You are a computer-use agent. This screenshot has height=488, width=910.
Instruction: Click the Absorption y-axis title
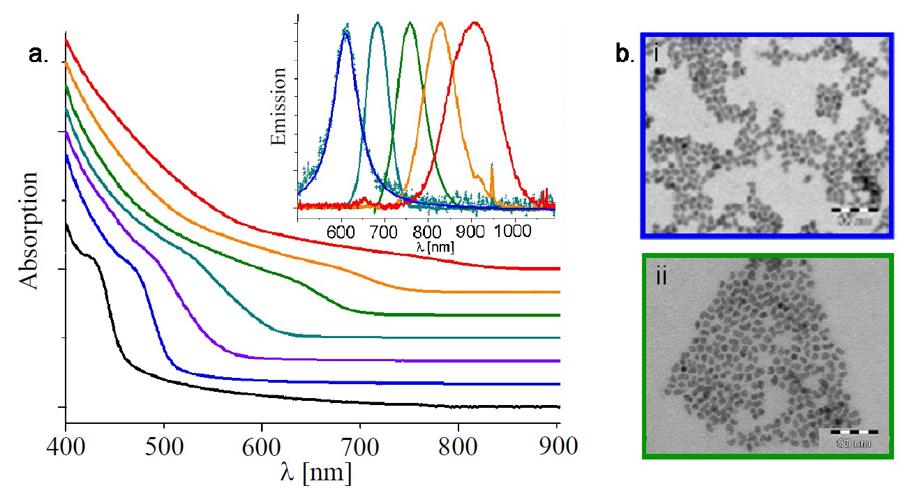(x=29, y=229)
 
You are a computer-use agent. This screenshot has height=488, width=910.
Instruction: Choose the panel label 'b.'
(x=625, y=54)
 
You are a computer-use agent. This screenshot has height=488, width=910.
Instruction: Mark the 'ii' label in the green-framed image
(x=662, y=277)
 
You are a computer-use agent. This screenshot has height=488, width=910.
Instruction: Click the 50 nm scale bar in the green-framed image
(x=844, y=435)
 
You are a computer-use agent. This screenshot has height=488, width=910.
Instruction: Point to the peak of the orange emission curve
(x=440, y=23)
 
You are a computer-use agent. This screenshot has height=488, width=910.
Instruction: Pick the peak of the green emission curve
(x=410, y=23)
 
